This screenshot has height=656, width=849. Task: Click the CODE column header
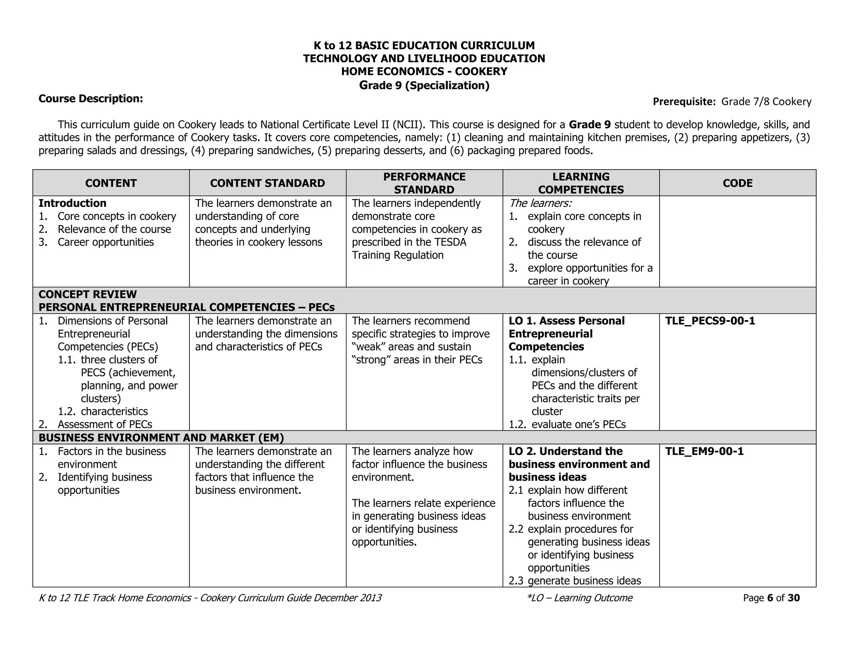tap(737, 183)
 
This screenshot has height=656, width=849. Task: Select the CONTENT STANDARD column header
tap(267, 183)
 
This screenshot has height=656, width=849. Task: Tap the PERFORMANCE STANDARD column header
tap(424, 183)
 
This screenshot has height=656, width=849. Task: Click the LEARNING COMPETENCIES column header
tap(581, 183)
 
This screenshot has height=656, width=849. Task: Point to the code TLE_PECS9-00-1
tap(710, 321)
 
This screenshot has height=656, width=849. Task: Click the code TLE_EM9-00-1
tap(704, 452)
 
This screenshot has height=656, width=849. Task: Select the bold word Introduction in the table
tap(73, 203)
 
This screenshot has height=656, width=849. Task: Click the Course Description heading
tap(91, 99)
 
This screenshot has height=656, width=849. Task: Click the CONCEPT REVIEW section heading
tap(87, 294)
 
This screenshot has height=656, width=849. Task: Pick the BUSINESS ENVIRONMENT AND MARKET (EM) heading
tap(161, 438)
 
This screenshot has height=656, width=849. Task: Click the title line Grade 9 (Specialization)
tap(424, 85)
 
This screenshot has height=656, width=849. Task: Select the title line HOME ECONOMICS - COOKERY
tap(424, 71)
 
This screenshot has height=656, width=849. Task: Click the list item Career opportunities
tap(106, 242)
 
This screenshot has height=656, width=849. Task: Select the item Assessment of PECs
tap(104, 425)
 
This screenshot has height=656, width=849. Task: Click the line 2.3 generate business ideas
tap(575, 581)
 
